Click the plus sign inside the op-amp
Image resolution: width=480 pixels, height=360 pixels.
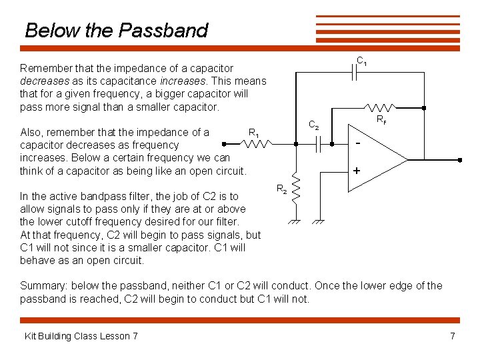pos(357,171)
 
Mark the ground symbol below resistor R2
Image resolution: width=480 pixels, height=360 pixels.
pos(296,221)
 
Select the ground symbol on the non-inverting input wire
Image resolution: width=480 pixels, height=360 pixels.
pos(319,221)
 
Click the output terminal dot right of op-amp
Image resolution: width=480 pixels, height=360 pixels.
pos(459,160)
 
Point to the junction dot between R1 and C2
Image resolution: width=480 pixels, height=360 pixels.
pos(296,143)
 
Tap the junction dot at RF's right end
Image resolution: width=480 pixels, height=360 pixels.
pos(424,107)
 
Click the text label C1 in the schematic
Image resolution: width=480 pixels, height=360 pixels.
pos(362,61)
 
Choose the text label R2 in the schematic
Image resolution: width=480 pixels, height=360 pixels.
pos(281,189)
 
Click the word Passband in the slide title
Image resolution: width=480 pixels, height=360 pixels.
pos(163,31)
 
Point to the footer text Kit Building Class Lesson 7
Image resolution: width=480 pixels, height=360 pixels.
pos(81,335)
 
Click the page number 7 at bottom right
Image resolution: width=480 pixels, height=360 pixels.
pos(453,335)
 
